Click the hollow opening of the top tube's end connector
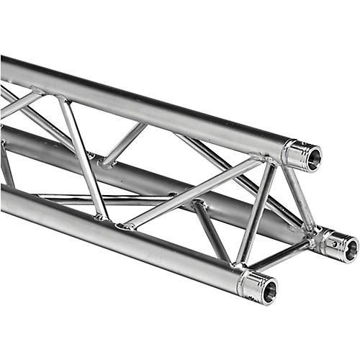[x=312, y=158]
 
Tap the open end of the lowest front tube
[x=269, y=290]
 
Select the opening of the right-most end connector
[x=350, y=249]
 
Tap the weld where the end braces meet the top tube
[x=271, y=160]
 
